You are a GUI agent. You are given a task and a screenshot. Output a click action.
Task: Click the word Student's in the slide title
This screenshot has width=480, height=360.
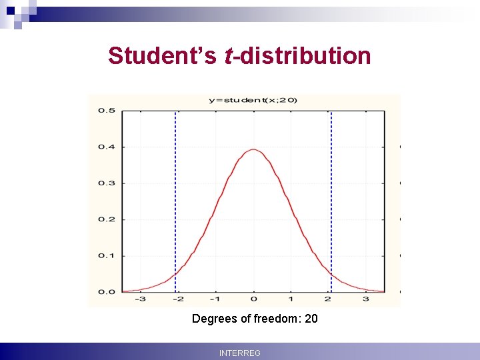[x=162, y=56]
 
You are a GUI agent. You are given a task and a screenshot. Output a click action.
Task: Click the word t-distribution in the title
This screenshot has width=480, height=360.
[x=298, y=56]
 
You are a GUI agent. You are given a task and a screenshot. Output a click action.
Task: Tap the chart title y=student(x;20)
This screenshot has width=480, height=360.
[x=253, y=100]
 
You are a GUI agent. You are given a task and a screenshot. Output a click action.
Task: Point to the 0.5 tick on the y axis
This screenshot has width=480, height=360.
[x=107, y=110]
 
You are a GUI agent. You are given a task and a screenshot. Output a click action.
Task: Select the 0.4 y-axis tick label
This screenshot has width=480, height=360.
[x=107, y=147]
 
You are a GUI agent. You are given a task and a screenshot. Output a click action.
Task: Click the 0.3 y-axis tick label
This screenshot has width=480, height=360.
[x=107, y=183]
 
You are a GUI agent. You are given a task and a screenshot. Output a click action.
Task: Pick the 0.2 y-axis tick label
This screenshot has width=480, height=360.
[x=107, y=219]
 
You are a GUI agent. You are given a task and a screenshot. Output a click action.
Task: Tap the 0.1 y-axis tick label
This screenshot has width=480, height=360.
[x=107, y=255]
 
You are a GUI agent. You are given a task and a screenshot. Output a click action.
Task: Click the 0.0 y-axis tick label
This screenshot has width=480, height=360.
[x=107, y=292]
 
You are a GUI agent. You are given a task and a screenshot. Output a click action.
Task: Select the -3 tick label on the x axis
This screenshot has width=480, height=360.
[x=140, y=300]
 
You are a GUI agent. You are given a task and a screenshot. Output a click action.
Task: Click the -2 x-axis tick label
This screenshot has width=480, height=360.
[x=177, y=300]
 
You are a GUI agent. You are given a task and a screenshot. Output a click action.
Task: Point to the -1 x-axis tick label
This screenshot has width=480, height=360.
[x=215, y=300]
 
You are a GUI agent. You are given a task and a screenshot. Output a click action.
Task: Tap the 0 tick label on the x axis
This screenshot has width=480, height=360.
[x=253, y=300]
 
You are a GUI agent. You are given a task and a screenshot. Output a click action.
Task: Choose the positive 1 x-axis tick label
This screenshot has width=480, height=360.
[x=291, y=300]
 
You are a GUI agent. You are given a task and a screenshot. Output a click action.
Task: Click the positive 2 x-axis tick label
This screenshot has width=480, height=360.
[x=328, y=300]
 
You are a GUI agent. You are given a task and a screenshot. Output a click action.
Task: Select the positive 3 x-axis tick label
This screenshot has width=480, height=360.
[x=366, y=300]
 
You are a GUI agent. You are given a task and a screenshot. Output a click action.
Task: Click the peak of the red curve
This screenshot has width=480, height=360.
[x=253, y=150]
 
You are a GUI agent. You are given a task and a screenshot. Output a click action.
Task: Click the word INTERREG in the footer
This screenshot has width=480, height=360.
[x=240, y=353]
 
